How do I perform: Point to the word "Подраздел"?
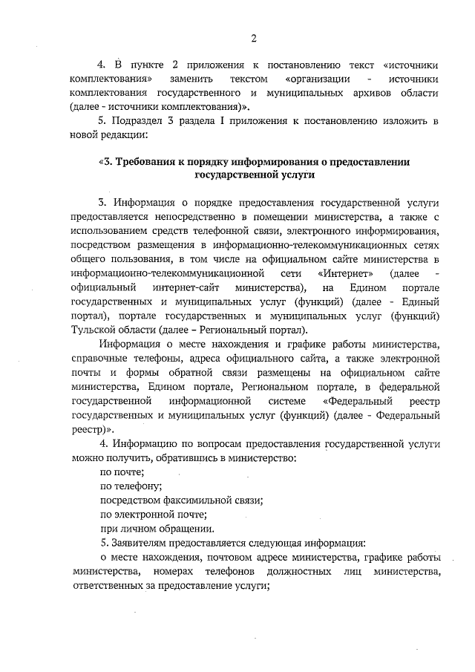[x=145, y=120]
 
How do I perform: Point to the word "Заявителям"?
[x=142, y=543]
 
